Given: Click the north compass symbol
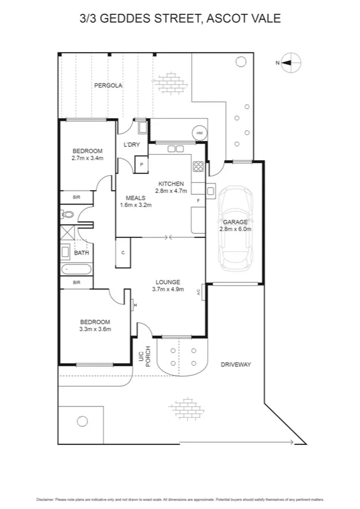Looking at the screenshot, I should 291,62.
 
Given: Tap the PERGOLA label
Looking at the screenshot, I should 108,86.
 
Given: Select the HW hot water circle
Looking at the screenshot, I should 198,133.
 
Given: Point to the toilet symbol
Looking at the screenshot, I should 67,213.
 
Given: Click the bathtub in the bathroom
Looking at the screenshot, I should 74,269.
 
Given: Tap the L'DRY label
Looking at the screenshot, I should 132,145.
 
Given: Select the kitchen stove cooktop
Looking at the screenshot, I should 198,167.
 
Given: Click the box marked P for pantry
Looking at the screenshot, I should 142,164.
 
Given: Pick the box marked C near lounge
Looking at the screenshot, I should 123,252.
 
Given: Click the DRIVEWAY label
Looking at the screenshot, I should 235,365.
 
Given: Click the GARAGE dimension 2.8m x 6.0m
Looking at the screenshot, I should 235,229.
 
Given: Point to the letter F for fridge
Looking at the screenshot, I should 198,200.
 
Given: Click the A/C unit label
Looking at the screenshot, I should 198,293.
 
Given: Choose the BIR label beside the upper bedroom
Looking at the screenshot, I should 76,197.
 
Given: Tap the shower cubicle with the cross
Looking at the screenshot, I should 67,233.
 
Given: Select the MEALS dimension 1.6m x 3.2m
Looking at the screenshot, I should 136,205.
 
